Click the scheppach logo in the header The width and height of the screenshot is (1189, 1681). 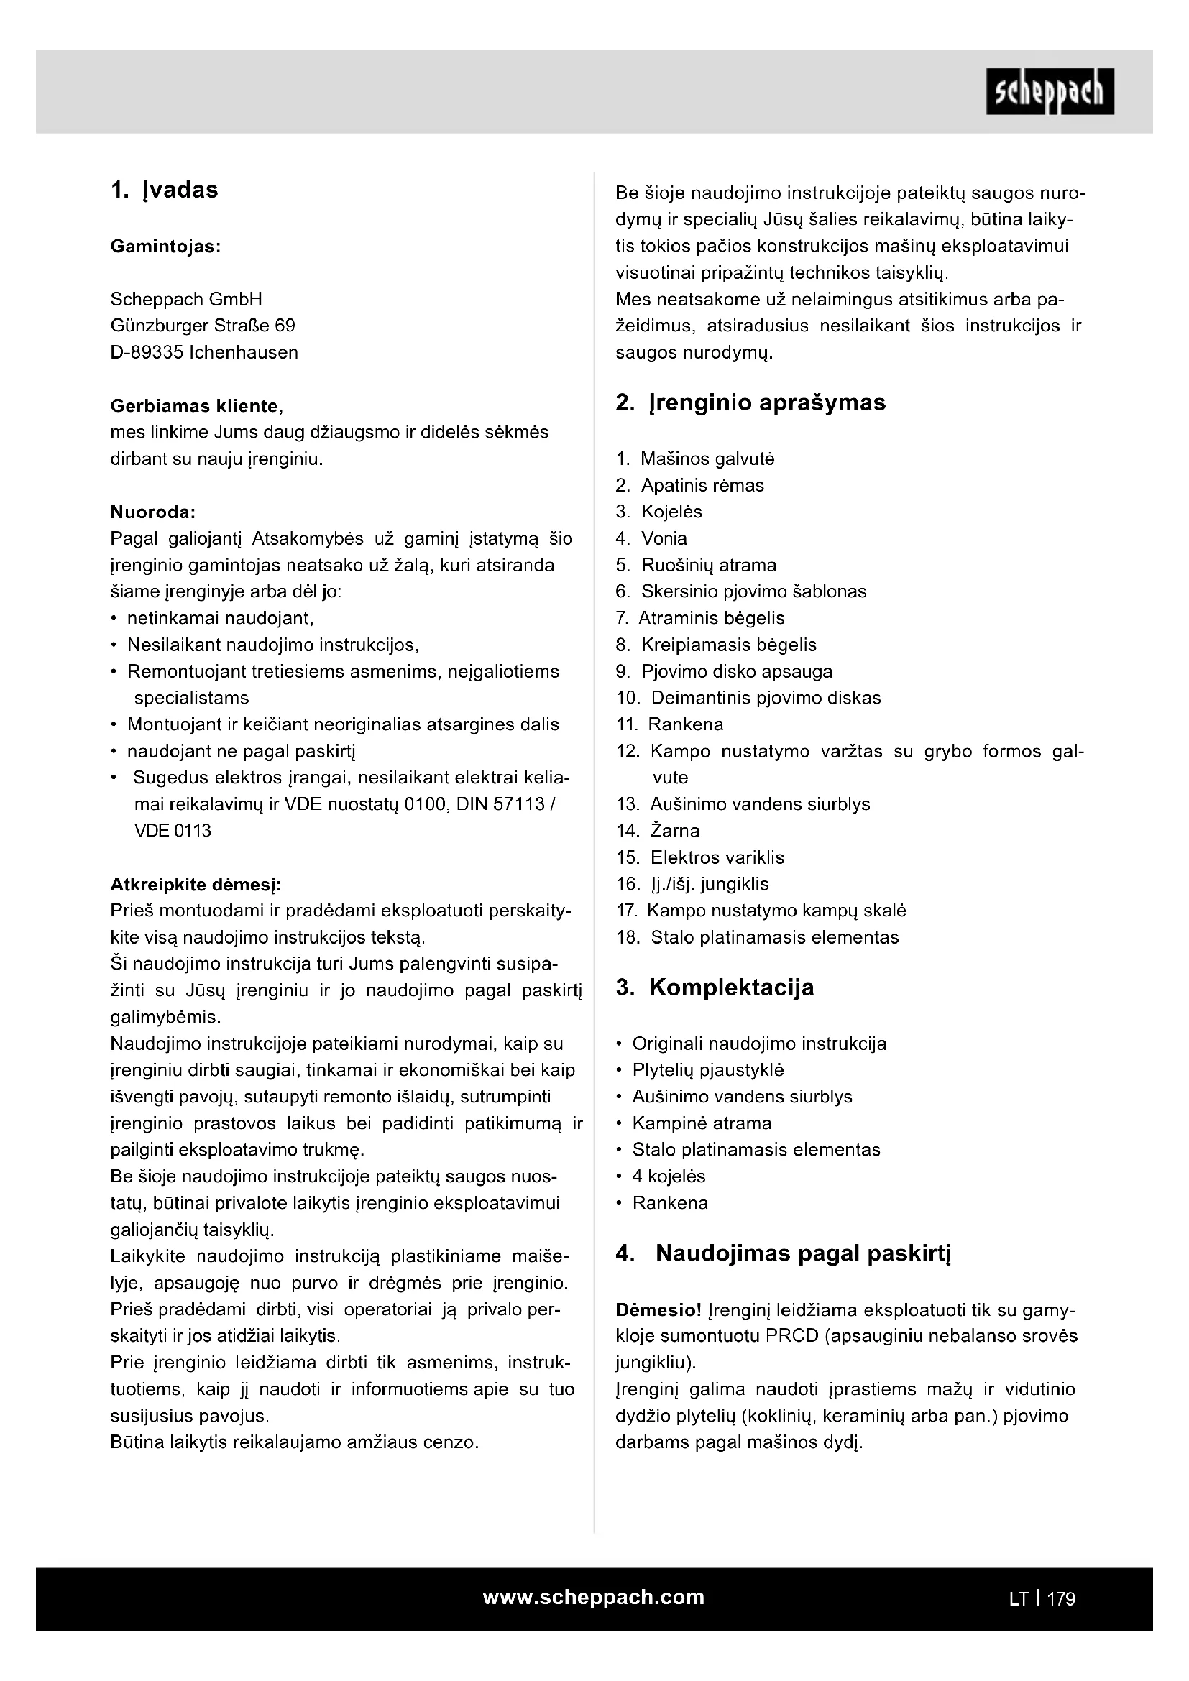click(1049, 91)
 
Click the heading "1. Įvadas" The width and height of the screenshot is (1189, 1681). click(165, 190)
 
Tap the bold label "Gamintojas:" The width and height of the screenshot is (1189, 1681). click(165, 247)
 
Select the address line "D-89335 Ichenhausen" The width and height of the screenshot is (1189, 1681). click(204, 352)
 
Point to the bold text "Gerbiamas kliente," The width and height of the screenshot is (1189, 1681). click(196, 405)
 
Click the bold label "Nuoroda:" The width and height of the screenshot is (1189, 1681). click(153, 511)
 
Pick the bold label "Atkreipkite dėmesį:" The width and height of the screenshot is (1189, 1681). click(196, 885)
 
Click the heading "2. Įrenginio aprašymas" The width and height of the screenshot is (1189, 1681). click(750, 402)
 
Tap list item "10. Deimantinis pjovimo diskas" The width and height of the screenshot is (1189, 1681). click(748, 698)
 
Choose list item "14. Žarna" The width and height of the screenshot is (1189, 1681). click(658, 831)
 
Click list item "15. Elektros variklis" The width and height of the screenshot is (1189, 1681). click(700, 857)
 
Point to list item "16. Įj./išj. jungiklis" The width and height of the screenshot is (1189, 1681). click(692, 885)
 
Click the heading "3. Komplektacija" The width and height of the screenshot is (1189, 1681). click(715, 987)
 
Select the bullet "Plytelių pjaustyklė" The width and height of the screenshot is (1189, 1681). click(708, 1070)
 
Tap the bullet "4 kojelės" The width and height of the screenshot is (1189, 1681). click(669, 1176)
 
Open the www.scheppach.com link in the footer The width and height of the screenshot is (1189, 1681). click(594, 1597)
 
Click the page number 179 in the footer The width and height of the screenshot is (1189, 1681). click(1061, 1599)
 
